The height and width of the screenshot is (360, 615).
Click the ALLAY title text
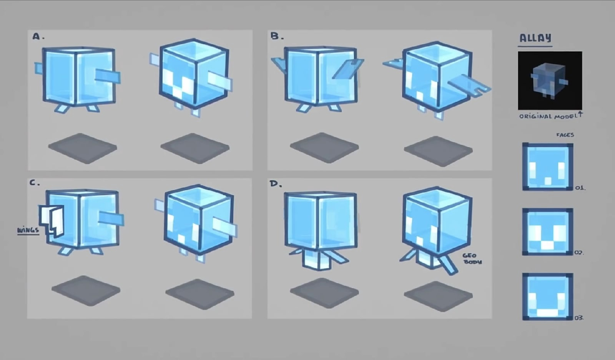click(x=536, y=38)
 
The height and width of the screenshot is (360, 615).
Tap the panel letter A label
click(x=38, y=36)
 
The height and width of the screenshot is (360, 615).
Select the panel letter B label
click(x=277, y=36)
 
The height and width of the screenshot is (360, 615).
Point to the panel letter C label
click(x=35, y=183)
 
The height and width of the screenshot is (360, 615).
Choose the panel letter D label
click(x=276, y=183)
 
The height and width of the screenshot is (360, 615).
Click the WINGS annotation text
click(x=28, y=230)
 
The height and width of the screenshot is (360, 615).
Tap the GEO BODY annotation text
click(x=472, y=259)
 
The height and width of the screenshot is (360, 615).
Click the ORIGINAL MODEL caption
click(x=550, y=116)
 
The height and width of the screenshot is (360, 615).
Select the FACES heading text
click(x=565, y=135)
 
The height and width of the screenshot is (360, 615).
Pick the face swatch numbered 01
click(x=547, y=166)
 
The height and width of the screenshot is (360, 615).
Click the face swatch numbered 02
click(x=547, y=232)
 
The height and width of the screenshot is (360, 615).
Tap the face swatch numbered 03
click(x=547, y=297)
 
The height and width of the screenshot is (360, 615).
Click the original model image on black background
click(x=550, y=81)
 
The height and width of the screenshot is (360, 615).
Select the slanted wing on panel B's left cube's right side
click(x=348, y=69)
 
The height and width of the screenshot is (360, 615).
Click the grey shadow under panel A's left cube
click(x=83, y=149)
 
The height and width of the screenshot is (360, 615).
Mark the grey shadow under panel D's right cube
click(x=438, y=296)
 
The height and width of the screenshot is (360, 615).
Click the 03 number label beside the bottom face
click(x=579, y=317)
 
